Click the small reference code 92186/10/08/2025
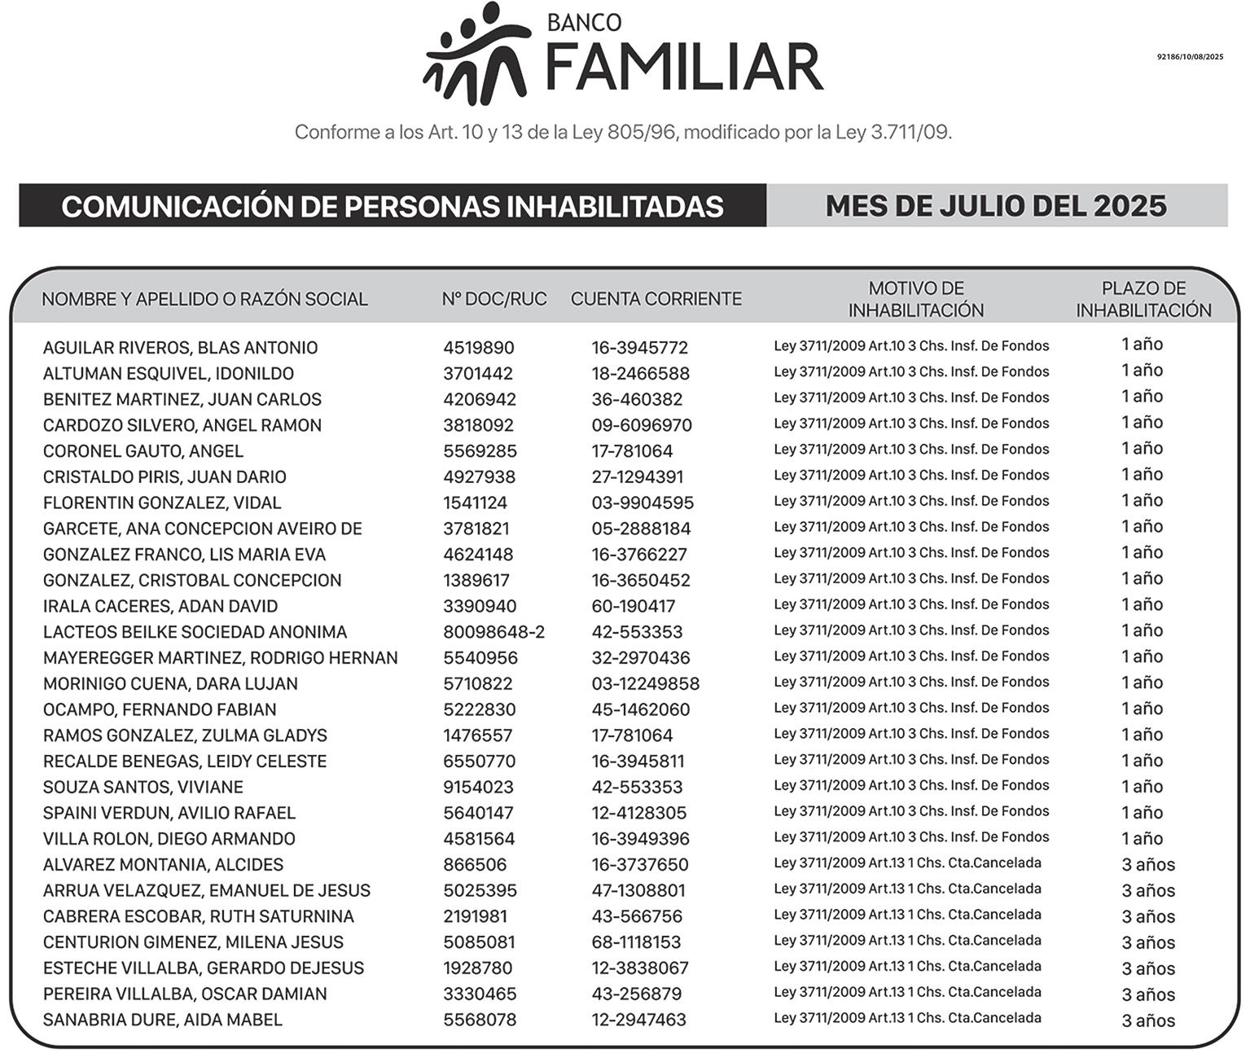(1190, 57)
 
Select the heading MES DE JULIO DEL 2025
(996, 206)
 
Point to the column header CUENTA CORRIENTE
(656, 299)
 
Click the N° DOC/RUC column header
(494, 299)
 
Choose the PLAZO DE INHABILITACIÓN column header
(1143, 299)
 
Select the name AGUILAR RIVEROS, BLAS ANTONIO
(180, 348)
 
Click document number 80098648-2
(493, 632)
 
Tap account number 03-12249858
(645, 684)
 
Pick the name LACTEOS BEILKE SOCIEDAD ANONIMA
(195, 632)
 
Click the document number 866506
(475, 865)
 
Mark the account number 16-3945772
(639, 348)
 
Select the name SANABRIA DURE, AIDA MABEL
(162, 1020)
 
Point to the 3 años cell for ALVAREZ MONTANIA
(1148, 865)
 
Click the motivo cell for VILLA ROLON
(911, 837)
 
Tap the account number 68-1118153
(636, 942)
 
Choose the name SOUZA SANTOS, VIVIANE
(143, 788)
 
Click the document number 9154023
(478, 788)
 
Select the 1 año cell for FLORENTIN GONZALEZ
(1142, 501)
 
